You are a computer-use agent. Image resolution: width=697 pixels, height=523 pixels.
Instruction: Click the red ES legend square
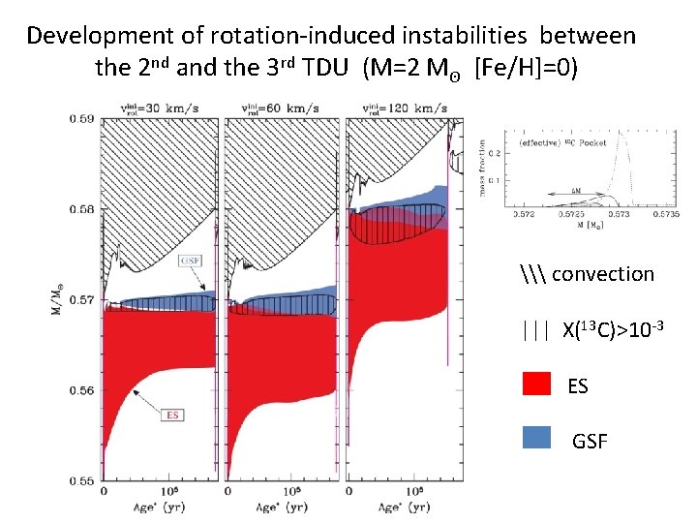coord(535,385)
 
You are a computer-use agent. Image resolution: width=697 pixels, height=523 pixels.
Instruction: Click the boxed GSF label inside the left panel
coord(191,261)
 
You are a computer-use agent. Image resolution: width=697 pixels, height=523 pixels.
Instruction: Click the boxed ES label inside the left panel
coord(172,415)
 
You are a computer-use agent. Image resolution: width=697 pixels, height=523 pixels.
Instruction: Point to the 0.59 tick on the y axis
coord(81,119)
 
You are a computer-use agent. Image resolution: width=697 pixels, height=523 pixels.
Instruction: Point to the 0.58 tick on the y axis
coord(81,209)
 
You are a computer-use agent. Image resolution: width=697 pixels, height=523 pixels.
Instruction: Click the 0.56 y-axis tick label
coord(81,390)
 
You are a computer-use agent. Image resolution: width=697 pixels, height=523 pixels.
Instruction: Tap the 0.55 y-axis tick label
coord(81,480)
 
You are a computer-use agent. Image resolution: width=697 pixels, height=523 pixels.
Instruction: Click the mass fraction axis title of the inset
coord(484,167)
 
